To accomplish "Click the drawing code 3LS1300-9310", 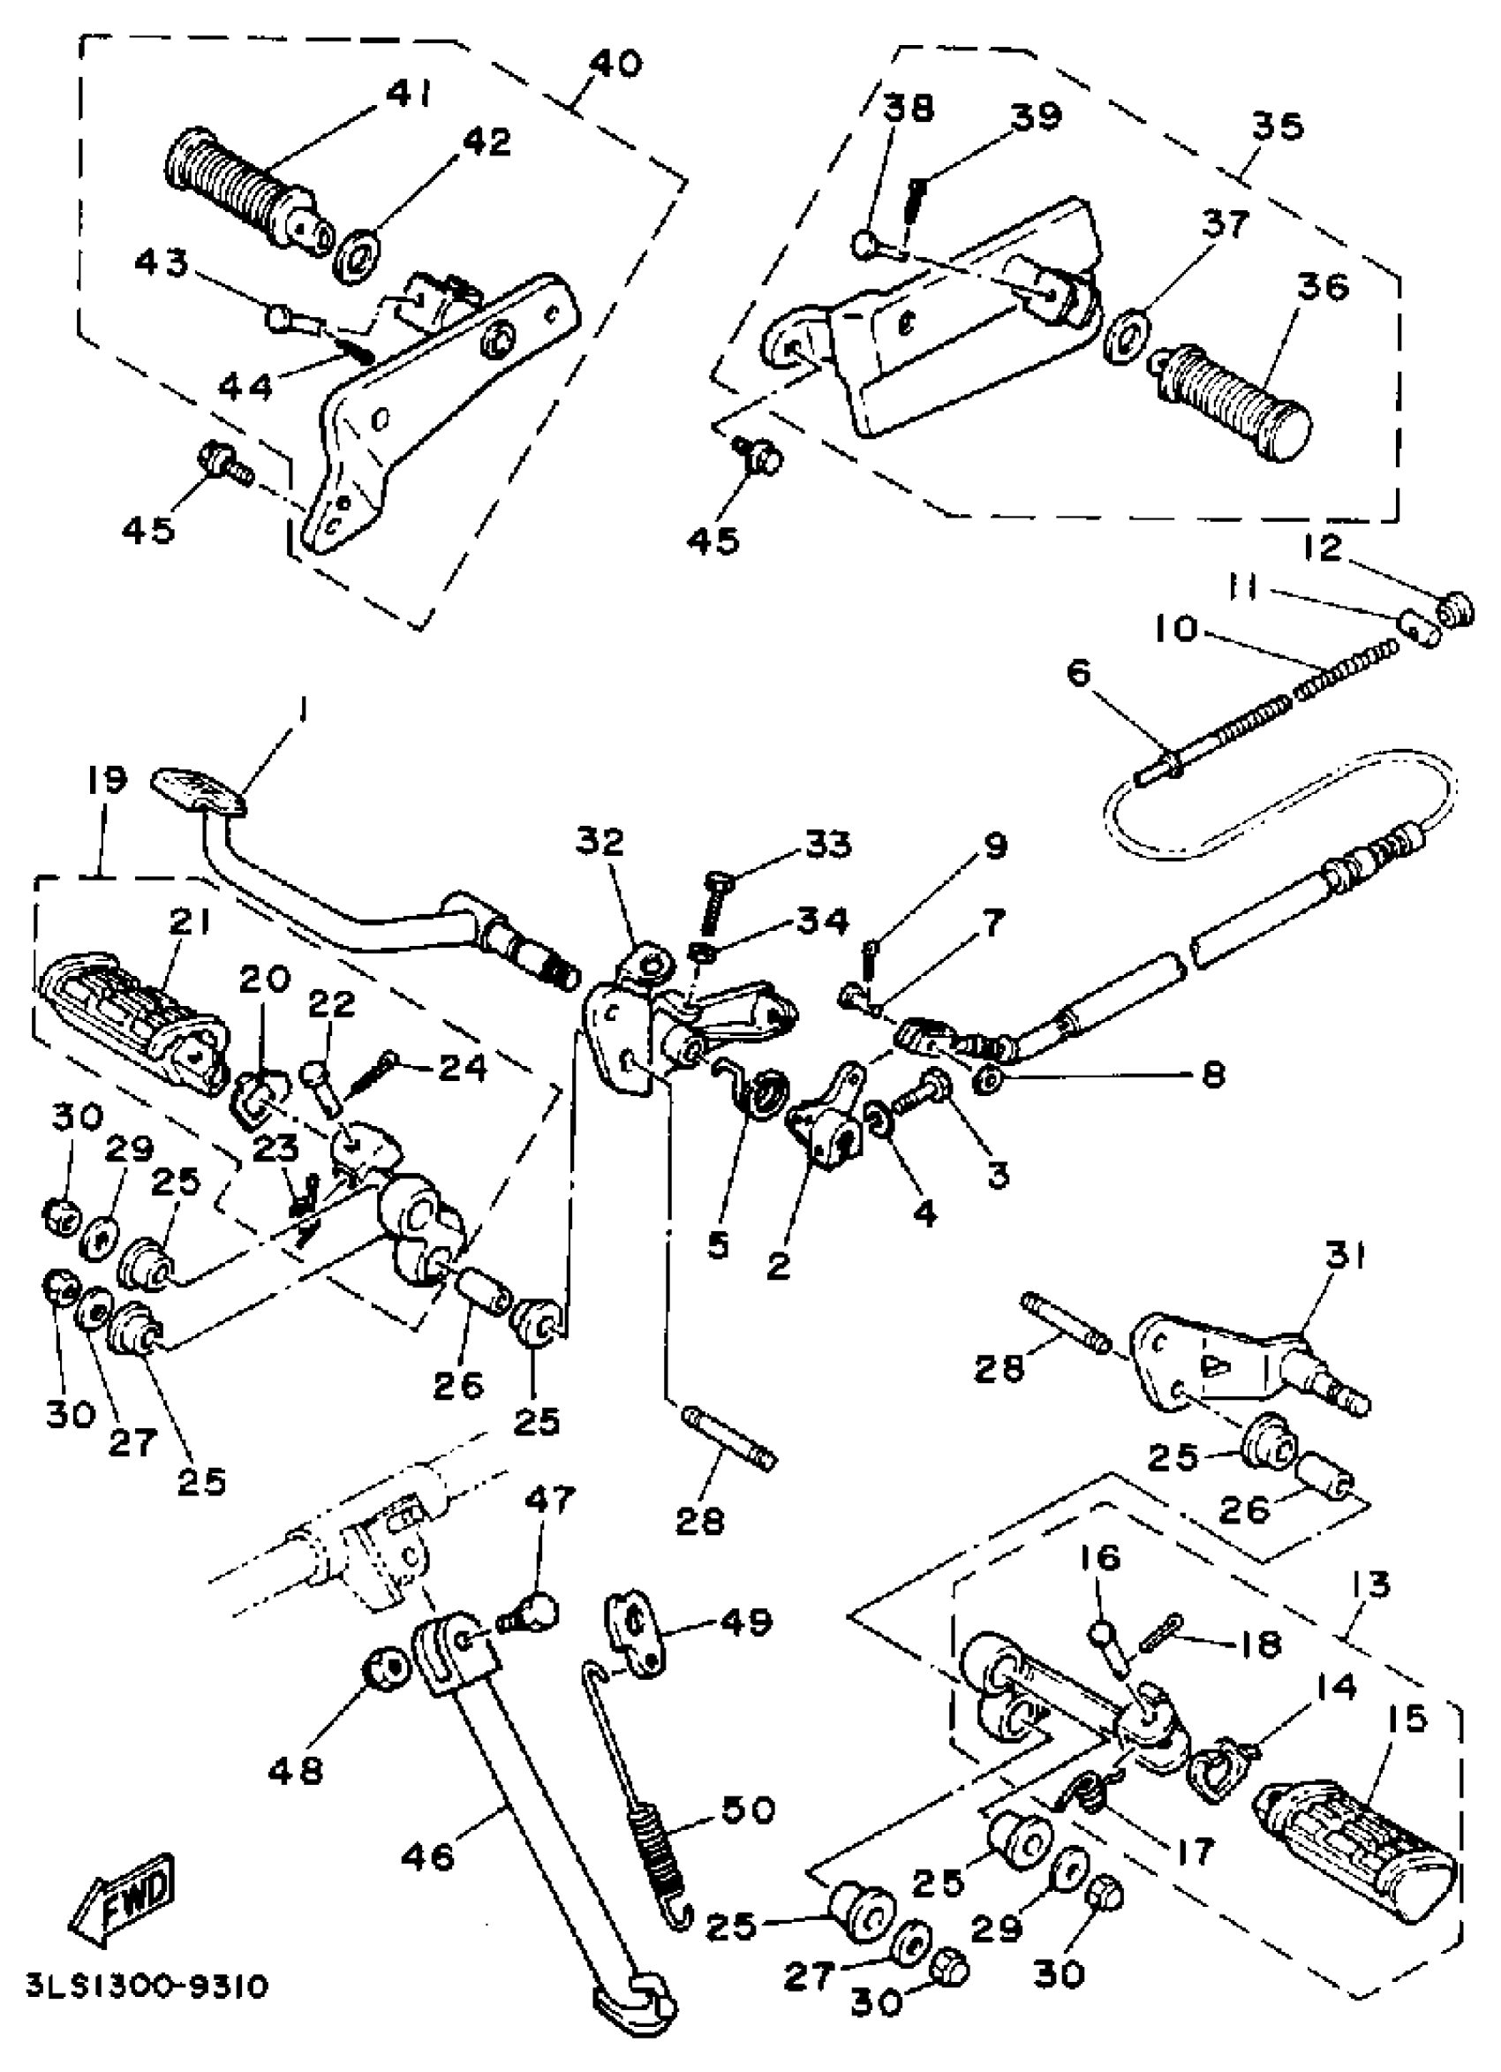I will (x=146, y=1986).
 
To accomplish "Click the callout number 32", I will (x=600, y=843).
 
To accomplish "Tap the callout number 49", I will (x=746, y=1622).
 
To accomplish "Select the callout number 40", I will (x=614, y=64).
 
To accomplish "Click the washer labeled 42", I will (x=357, y=249).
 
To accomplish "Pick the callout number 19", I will (x=108, y=781).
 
